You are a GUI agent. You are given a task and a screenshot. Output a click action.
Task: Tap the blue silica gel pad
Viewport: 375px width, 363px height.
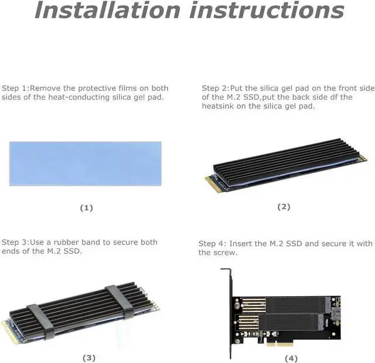tap(86, 163)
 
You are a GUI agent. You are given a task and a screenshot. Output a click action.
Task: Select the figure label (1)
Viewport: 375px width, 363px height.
tap(86, 208)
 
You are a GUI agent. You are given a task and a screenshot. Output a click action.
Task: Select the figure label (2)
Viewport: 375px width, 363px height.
tap(284, 206)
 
